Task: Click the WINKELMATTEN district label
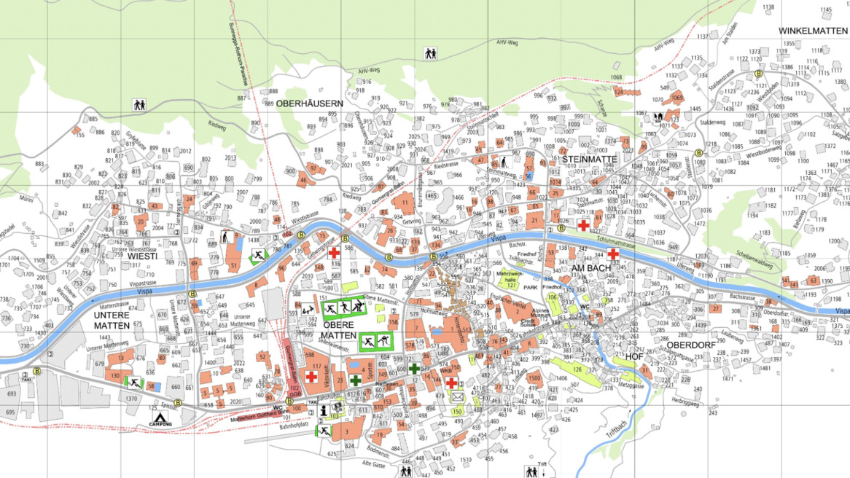814,31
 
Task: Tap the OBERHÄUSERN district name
309,104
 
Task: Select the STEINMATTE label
590,159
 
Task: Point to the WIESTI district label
144,256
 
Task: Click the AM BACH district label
590,269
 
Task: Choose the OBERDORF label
692,345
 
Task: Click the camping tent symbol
160,418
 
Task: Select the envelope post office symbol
457,397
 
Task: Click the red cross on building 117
312,377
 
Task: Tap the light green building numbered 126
577,369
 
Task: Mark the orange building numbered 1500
534,378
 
